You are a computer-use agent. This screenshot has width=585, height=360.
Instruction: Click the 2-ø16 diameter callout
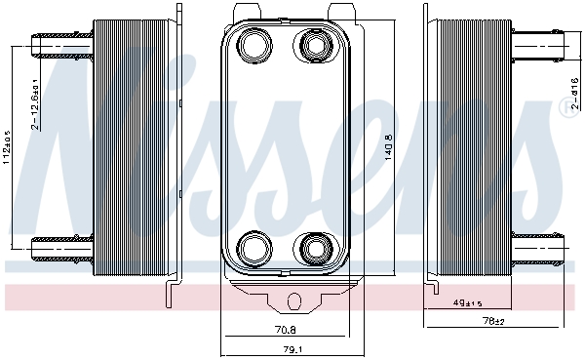tap(574, 94)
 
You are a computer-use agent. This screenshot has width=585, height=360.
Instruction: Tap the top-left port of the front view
tap(253, 45)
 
